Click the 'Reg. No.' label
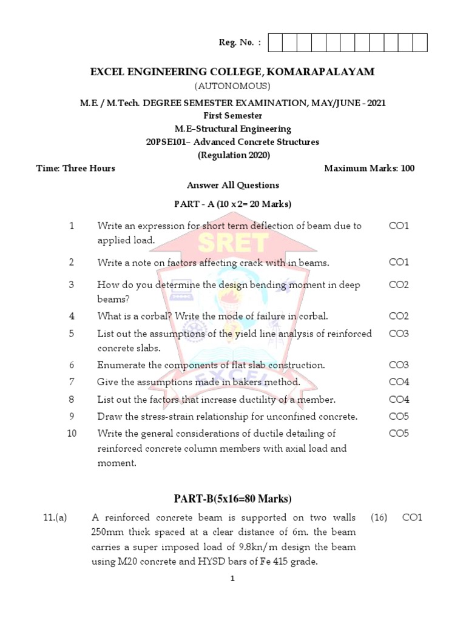pos(240,42)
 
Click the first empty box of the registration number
pos(274,42)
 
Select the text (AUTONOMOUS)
pos(232,86)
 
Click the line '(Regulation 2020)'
pos(233,155)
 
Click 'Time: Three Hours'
pos(76,168)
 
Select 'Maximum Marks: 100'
pos(369,168)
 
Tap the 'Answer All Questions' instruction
pos(233,185)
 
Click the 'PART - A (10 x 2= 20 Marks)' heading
pos(233,203)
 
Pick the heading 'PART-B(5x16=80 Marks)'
pos(233,499)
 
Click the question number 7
pos(72,382)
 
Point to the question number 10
pos(72,434)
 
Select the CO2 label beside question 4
pos(399,316)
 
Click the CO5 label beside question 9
pos(399,417)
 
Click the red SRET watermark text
pos(233,243)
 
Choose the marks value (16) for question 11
pos(378,518)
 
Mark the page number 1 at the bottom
pos(232,579)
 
